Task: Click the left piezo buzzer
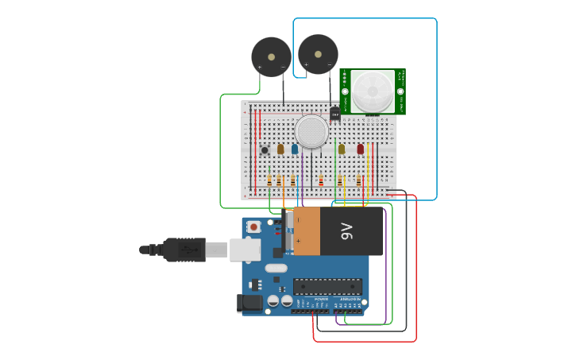(x=271, y=57)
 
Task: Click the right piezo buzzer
(x=318, y=54)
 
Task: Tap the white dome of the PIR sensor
(x=373, y=91)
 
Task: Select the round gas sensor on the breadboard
(x=311, y=131)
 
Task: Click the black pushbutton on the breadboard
(x=265, y=149)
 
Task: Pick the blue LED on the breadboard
(x=295, y=149)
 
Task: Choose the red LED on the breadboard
(x=360, y=149)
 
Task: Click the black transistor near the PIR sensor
(x=334, y=114)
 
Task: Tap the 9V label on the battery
(x=347, y=231)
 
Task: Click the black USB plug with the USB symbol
(x=184, y=250)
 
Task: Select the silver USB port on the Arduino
(x=245, y=250)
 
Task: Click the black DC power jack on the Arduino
(x=250, y=303)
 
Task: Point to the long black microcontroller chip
(x=327, y=286)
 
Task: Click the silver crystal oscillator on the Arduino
(x=276, y=268)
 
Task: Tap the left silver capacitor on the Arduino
(x=273, y=301)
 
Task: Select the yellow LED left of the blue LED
(x=280, y=149)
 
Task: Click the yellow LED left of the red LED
(x=342, y=149)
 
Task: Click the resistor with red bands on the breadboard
(x=321, y=181)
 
